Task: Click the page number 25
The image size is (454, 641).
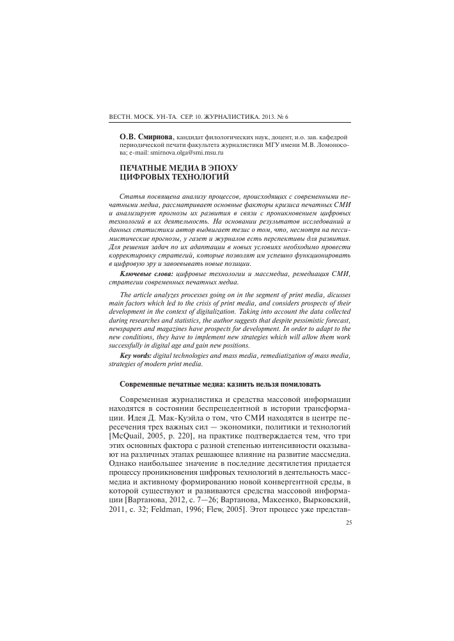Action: coord(348,522)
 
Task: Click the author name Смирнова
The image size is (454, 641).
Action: coord(154,137)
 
